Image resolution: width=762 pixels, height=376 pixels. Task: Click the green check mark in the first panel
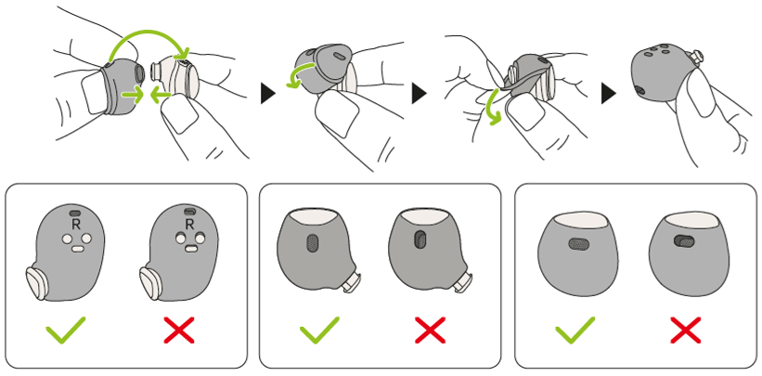pos(65,331)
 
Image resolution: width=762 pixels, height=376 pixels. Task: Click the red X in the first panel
pos(179,331)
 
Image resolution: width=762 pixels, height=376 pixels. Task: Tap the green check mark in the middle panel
pos(318,331)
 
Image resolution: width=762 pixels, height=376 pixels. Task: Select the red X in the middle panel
pos(430,331)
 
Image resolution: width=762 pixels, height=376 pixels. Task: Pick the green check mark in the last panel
pos(575,331)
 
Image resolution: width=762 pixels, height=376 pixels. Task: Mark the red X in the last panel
pos(686,331)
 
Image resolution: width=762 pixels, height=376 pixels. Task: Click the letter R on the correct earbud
pos(75,225)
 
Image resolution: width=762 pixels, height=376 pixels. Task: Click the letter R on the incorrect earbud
pos(189,225)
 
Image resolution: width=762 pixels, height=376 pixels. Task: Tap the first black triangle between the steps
pos(269,94)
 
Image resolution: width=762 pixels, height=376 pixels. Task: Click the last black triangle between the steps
pos(609,94)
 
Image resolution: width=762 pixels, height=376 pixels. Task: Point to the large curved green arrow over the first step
pos(146,32)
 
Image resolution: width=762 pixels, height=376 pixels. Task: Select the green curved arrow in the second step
pos(301,74)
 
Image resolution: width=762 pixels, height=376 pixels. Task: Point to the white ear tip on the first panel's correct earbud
pos(36,282)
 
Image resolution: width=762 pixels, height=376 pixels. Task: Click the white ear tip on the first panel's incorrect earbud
pos(150,282)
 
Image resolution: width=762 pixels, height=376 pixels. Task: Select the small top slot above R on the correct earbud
pos(75,213)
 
